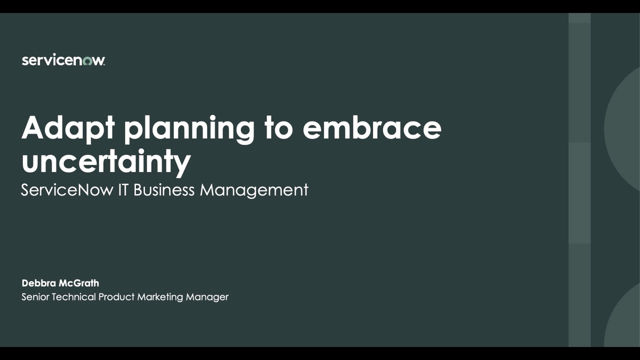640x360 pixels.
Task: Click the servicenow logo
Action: click(63, 60)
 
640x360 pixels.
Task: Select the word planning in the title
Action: click(189, 129)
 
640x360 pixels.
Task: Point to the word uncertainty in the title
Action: click(106, 161)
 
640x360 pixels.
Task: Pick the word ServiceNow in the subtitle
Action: click(67, 190)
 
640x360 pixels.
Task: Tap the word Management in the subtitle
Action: click(254, 190)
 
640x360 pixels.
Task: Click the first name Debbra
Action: click(39, 283)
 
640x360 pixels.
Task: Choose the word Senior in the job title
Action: click(35, 297)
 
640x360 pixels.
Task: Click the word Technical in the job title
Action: click(73, 297)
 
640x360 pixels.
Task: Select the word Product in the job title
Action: click(116, 297)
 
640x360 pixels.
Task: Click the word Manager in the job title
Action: click(207, 297)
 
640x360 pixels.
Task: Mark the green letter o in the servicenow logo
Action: click(87, 61)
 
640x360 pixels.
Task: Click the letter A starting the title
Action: click(33, 128)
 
